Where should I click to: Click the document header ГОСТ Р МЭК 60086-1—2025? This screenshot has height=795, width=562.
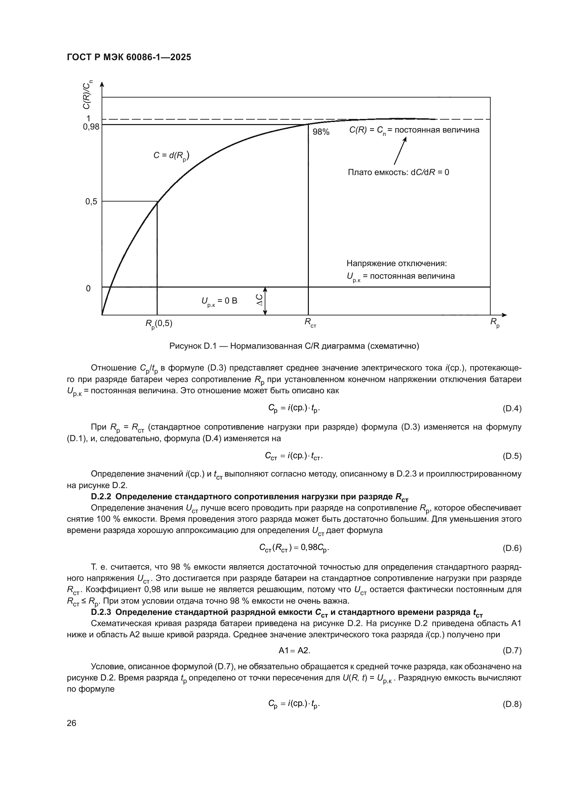click(x=129, y=57)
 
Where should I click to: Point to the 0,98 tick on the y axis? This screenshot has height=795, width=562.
click(x=91, y=127)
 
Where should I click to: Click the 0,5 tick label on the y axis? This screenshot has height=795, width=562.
click(x=91, y=202)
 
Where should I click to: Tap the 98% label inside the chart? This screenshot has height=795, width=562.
click(x=321, y=132)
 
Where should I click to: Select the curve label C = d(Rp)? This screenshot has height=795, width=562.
click(x=171, y=156)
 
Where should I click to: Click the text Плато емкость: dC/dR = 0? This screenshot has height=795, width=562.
click(x=398, y=172)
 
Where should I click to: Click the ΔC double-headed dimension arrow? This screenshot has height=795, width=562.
click(x=265, y=301)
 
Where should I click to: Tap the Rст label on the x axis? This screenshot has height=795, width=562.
click(x=310, y=323)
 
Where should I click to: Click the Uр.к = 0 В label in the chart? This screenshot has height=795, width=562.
click(x=219, y=301)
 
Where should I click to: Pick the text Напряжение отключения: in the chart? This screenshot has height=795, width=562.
click(x=397, y=263)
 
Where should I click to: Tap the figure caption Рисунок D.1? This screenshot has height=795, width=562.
click(x=294, y=346)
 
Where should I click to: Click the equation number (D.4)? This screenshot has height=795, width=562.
click(x=511, y=409)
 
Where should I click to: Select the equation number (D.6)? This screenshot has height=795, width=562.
click(x=511, y=548)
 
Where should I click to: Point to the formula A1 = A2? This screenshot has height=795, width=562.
click(x=294, y=651)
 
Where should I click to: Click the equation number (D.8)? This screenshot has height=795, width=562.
click(x=511, y=704)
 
